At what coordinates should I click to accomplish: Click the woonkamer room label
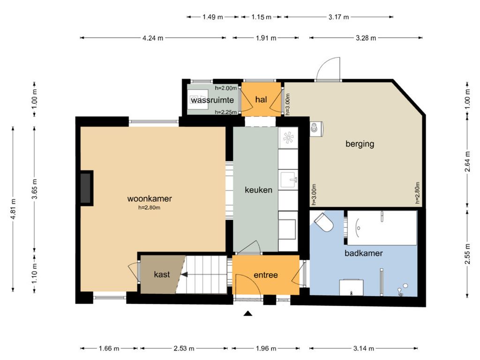point(150,199)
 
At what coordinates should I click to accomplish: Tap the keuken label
point(258,190)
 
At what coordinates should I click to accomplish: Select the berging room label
point(360,144)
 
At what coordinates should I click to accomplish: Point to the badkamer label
point(363,253)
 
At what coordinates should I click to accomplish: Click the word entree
point(266,275)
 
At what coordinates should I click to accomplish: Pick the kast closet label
point(162,274)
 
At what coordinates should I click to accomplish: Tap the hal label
point(261,99)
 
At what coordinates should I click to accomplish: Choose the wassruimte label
point(212,100)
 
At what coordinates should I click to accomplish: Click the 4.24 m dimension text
point(153,38)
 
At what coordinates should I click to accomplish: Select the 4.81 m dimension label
point(13,209)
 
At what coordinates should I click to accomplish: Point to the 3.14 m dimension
point(364,348)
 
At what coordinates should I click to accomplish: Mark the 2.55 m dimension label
point(467,254)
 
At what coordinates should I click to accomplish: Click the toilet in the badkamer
point(323,222)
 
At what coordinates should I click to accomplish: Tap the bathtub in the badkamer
point(382,228)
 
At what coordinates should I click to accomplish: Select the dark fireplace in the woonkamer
point(86,188)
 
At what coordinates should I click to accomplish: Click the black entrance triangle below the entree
point(248,313)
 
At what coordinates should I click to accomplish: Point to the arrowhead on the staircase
point(184,275)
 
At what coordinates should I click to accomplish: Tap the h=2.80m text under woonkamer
point(150,208)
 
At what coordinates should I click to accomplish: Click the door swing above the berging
point(328,69)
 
